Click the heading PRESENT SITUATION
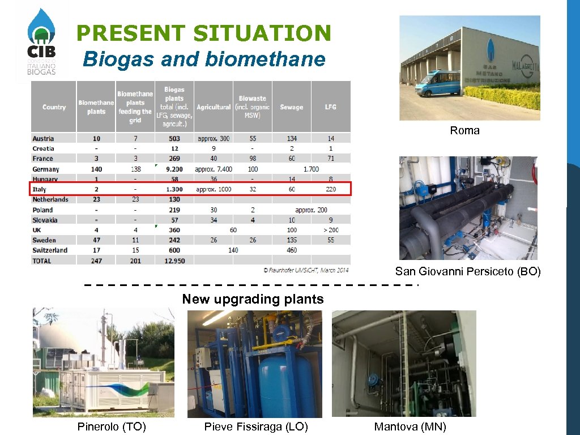(203, 33)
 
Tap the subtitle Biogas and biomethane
(204, 59)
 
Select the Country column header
(54, 107)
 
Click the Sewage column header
(291, 107)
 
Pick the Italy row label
(40, 189)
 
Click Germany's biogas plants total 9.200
(174, 169)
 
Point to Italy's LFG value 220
(331, 189)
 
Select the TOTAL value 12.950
(174, 261)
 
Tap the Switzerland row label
(50, 250)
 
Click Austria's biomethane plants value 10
(96, 138)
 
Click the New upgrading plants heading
(253, 299)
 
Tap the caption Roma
(464, 130)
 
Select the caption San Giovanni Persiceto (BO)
(468, 272)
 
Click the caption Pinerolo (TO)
(112, 427)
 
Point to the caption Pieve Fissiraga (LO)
(256, 427)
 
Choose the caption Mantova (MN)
(410, 427)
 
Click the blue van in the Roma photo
(437, 84)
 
